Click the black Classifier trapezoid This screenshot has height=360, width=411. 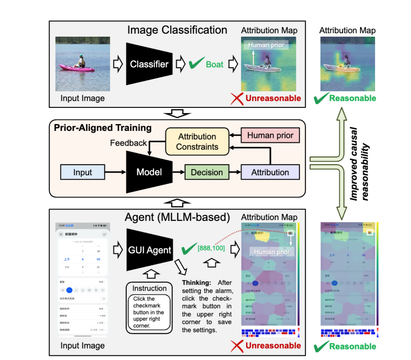point(149,64)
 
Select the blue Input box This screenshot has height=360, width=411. point(82,172)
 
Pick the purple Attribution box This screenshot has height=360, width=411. point(270,172)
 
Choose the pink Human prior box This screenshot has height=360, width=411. point(270,136)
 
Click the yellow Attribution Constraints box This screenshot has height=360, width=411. point(197,142)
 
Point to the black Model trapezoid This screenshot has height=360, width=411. point(149,172)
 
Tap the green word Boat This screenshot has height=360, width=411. point(215,64)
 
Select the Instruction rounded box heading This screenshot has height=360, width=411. point(149,288)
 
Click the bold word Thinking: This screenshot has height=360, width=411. point(196,282)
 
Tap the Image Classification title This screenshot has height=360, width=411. point(177,30)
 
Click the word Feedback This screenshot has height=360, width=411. point(128,143)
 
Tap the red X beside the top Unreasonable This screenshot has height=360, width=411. point(236,99)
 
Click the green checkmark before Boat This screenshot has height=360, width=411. point(195,64)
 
